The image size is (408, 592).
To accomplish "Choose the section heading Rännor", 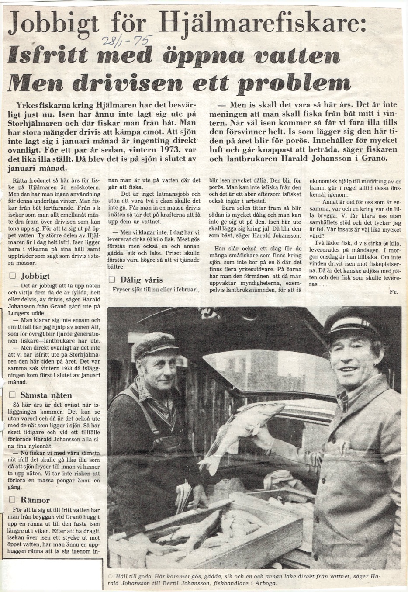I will click(35, 500).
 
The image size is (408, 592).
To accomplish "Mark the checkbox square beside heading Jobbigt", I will click(13, 276).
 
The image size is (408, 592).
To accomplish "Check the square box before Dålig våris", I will click(112, 280).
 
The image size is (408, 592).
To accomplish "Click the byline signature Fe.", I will click(394, 292).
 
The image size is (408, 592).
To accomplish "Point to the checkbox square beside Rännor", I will click(13, 500).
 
